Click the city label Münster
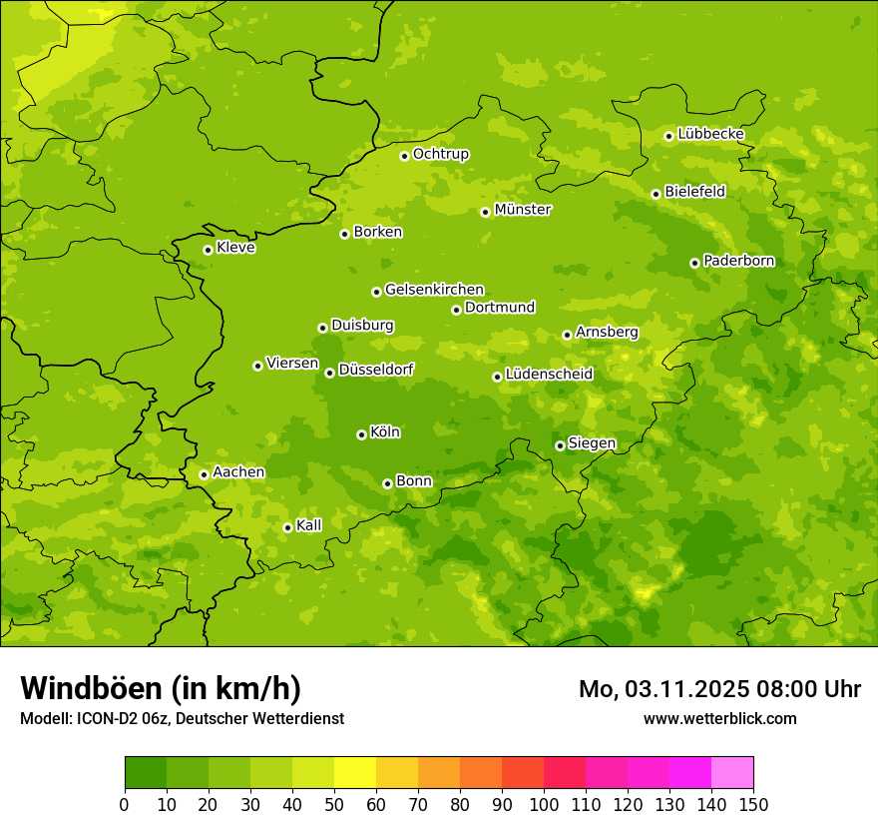coord(522,210)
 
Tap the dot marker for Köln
coord(361,434)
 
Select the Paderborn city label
coord(738,261)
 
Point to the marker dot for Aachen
coord(204,474)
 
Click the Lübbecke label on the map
coord(710,134)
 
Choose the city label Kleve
coord(235,248)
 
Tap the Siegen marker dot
coord(560,445)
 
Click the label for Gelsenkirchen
coord(434,290)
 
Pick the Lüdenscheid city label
coord(549,375)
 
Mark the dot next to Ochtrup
coord(404,156)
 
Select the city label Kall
coord(308,525)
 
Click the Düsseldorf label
coord(375,370)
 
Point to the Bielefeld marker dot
coord(656,194)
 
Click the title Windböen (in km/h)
coord(161,688)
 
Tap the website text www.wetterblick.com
coord(719,718)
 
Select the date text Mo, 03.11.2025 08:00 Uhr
coord(719,689)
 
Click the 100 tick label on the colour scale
coord(543,804)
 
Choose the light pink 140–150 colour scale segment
coord(732,773)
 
